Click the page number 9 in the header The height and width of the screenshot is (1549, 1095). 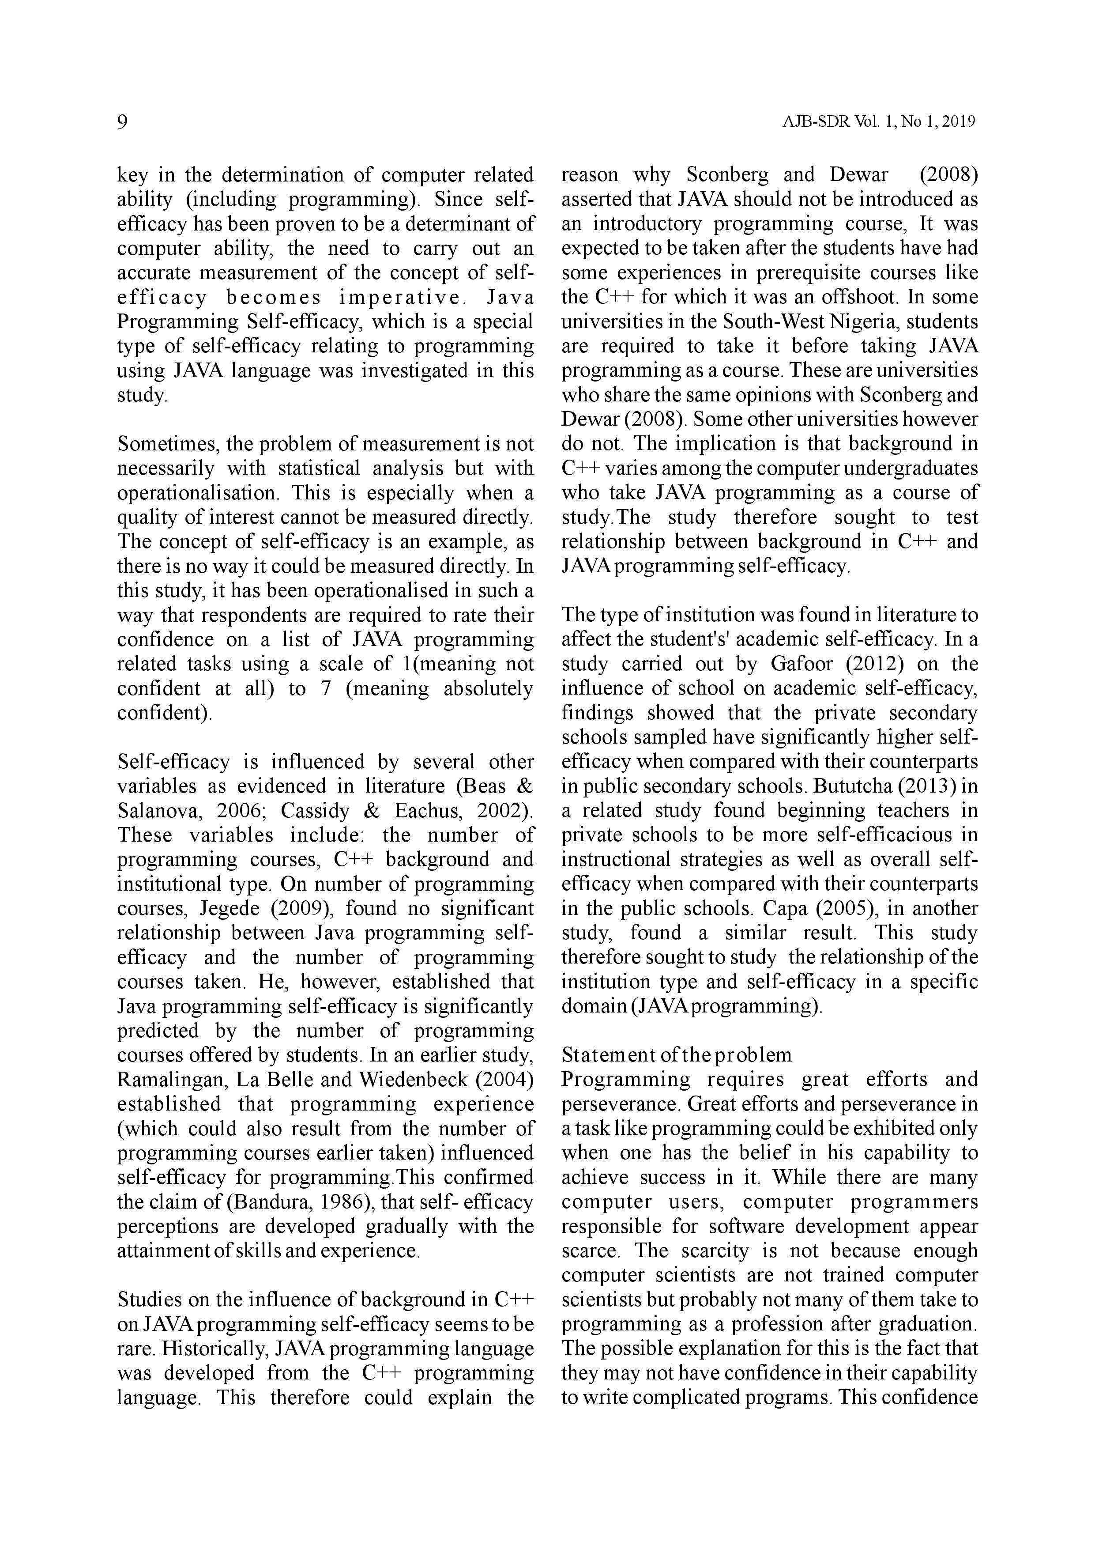(x=123, y=122)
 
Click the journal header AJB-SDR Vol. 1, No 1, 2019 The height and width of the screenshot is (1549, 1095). (x=879, y=123)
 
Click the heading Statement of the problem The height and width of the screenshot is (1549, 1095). (x=676, y=1054)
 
